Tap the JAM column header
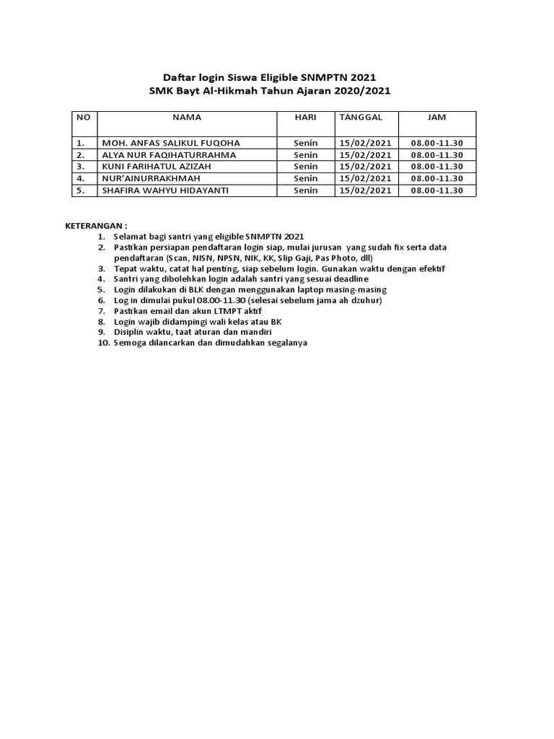(436, 117)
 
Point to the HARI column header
(306, 117)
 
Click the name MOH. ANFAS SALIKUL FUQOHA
(172, 143)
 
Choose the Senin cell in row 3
(306, 166)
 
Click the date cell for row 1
(365, 143)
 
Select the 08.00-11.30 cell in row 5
(436, 191)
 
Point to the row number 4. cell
(82, 178)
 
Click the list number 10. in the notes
(102, 343)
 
